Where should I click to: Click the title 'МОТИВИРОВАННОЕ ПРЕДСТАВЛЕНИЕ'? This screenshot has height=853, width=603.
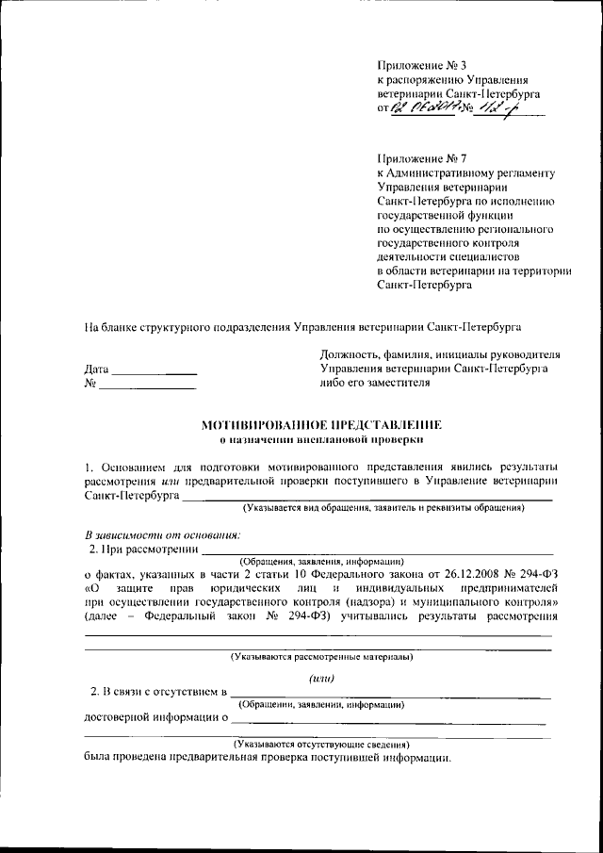pos(320,425)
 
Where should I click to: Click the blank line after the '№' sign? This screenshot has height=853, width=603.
pos(147,385)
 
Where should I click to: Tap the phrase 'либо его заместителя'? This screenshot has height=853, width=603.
pos(375,383)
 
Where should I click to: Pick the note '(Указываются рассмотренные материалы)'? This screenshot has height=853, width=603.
pos(320,656)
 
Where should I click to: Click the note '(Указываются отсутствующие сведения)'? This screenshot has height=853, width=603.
pos(320,744)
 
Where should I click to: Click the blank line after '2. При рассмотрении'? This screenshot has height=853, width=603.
pos(377,550)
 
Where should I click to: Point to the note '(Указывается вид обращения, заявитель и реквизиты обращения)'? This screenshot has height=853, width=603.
pos(383,508)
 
